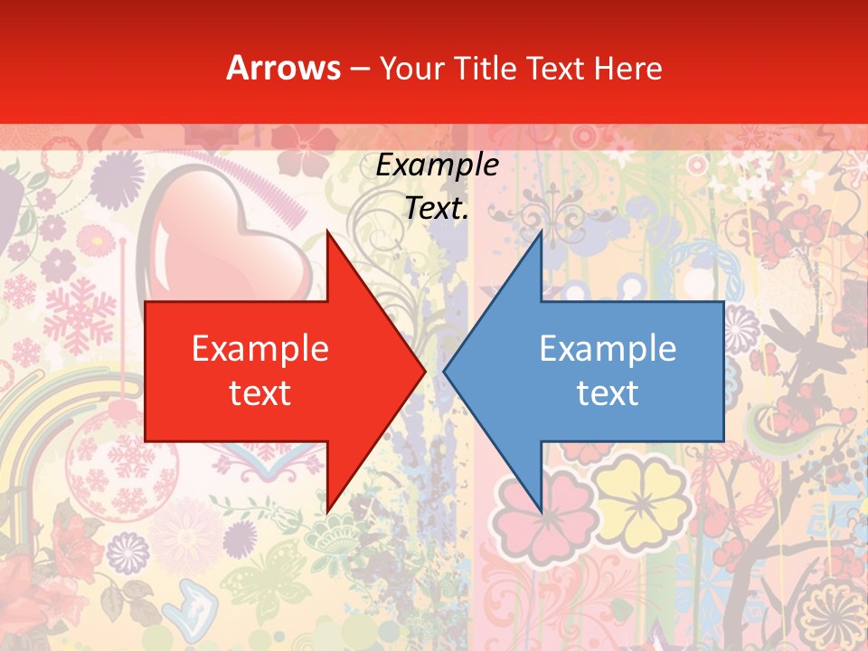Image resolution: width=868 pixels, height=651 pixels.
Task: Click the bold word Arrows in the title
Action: click(x=283, y=68)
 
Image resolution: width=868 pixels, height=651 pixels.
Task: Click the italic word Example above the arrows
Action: click(x=437, y=165)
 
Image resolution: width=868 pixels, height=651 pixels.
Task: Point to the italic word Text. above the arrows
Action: click(x=437, y=209)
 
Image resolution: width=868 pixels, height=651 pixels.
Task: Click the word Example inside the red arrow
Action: click(x=260, y=349)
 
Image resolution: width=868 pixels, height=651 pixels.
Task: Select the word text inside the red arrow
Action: click(x=260, y=393)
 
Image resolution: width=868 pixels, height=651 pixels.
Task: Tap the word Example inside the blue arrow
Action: click(x=608, y=349)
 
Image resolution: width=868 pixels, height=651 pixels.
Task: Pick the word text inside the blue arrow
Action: click(x=608, y=393)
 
